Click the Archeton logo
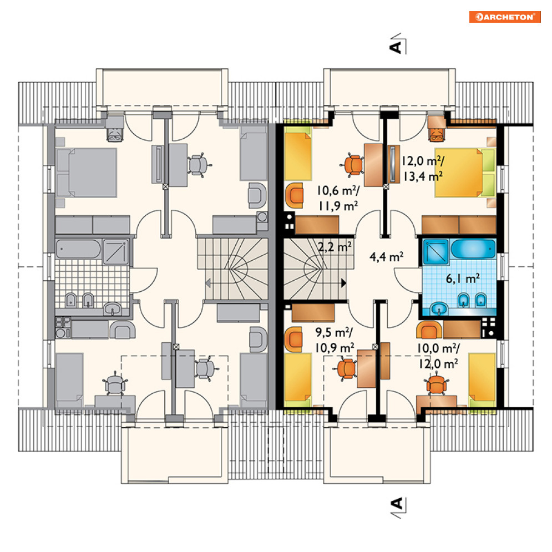pos(505,17)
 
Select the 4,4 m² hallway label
pos(386,257)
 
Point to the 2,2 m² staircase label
pos(335,247)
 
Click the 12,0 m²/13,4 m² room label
pos(422,169)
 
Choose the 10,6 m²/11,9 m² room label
pos(338,198)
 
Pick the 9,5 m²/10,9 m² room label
pos(335,340)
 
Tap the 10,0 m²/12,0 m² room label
pos(438,356)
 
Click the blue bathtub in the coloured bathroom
pos(473,249)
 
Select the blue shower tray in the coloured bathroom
pos(436,252)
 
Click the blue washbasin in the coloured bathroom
pos(439,309)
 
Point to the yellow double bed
pos(465,173)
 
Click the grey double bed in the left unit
pos(86,173)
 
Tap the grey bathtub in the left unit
pos(78,249)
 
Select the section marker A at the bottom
pos(398,507)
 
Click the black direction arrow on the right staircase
pos(343,283)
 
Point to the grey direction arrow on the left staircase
pos(208,283)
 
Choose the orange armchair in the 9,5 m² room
pos(294,340)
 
